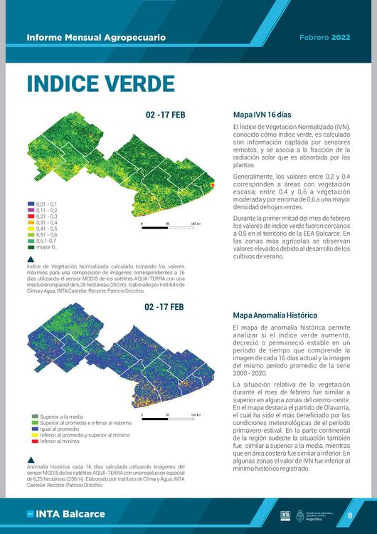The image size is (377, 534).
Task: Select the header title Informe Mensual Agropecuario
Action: tap(96, 37)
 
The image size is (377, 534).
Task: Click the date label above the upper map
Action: tap(165, 114)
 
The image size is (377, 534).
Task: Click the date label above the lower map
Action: tap(164, 307)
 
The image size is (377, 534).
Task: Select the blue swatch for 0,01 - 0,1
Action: tap(31, 204)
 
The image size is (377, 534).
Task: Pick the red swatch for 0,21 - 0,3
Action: tap(31, 216)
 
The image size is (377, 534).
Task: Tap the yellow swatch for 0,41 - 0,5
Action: tap(31, 229)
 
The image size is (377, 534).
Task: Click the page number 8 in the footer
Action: tap(349, 515)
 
